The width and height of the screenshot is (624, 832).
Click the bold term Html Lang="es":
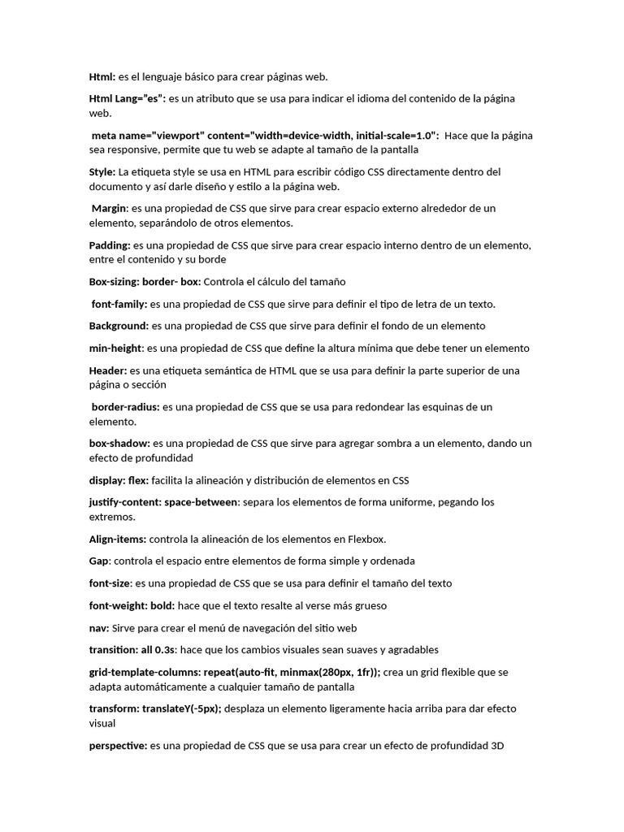click(127, 98)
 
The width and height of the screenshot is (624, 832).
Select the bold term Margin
click(109, 208)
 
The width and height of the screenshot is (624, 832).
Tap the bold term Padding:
click(110, 245)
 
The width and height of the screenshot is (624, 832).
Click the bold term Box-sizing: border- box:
click(145, 282)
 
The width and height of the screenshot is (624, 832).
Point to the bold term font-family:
click(119, 304)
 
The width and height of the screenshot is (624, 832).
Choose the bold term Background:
click(119, 326)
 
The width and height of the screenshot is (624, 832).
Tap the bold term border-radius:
click(126, 406)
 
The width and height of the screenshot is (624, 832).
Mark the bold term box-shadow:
click(119, 444)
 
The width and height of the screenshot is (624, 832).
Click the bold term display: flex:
click(119, 480)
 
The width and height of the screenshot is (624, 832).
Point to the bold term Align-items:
click(118, 539)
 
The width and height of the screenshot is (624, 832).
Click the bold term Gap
click(99, 561)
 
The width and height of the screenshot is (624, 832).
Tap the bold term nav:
click(99, 627)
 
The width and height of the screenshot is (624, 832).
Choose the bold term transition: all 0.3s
click(132, 649)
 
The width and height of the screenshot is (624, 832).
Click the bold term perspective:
click(118, 745)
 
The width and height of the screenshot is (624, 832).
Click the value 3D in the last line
click(498, 745)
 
